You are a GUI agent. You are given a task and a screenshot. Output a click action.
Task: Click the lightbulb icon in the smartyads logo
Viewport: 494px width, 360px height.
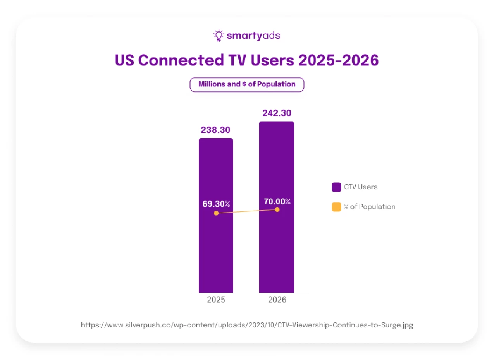pos(219,36)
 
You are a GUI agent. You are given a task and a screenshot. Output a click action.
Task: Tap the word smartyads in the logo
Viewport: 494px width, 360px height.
pos(253,36)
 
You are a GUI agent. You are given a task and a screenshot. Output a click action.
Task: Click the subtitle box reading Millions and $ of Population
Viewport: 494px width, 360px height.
pos(247,84)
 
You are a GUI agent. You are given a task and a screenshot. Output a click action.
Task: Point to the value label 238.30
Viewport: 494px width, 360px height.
pos(216,130)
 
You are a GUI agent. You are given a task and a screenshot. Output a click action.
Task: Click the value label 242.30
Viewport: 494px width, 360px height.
pos(277,113)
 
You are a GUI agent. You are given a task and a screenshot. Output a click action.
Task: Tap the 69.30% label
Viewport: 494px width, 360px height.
pos(216,204)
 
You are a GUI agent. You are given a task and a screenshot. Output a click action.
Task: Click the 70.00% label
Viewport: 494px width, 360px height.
pos(277,201)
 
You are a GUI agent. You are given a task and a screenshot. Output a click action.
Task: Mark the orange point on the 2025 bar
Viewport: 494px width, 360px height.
pos(216,213)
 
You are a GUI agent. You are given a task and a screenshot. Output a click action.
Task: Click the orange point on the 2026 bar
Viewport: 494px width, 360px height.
pos(277,209)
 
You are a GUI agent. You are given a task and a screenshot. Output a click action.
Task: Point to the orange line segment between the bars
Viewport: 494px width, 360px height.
pos(246,211)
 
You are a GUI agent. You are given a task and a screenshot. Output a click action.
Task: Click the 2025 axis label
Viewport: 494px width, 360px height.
pos(216,300)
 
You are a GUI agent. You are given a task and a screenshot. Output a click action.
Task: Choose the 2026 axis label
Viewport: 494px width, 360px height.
pos(277,300)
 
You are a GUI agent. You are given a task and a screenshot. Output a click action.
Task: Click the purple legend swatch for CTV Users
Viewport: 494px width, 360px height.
pos(336,187)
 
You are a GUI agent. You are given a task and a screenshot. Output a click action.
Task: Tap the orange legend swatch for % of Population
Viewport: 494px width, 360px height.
pos(336,207)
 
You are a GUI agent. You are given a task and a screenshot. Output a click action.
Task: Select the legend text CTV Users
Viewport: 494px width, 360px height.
pos(360,187)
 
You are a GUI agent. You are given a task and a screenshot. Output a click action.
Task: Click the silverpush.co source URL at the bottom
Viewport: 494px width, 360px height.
pos(247,325)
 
